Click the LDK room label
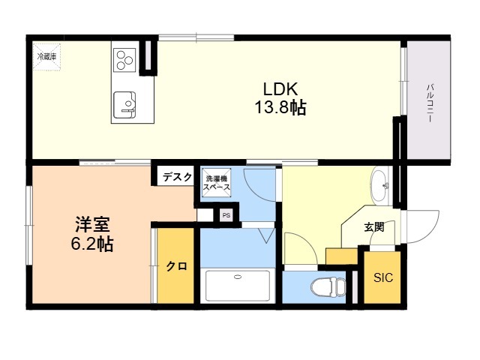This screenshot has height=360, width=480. (x=276, y=89)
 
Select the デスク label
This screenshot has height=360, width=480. (x=177, y=177)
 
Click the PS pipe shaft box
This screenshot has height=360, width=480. (x=226, y=216)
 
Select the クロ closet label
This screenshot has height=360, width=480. (x=176, y=266)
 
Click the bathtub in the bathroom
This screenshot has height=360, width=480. (x=237, y=284)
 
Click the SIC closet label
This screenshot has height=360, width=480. (x=382, y=278)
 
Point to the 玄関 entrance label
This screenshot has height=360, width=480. (x=373, y=226)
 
